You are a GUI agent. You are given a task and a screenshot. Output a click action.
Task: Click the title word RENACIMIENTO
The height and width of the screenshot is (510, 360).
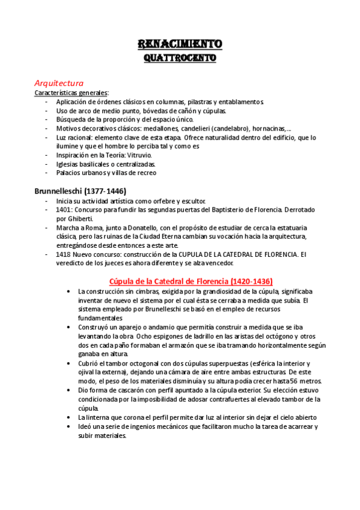(180, 45)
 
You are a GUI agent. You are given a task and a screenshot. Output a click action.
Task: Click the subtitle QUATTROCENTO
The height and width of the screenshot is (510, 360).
(180, 59)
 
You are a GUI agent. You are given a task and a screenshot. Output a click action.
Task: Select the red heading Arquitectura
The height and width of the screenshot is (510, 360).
(59, 83)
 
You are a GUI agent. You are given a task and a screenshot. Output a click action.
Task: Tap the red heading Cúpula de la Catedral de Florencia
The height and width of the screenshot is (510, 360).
(191, 281)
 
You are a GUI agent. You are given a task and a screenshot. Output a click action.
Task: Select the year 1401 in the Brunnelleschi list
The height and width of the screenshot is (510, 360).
(64, 209)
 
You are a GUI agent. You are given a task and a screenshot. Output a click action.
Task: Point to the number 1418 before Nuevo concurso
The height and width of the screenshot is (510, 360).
(64, 254)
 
